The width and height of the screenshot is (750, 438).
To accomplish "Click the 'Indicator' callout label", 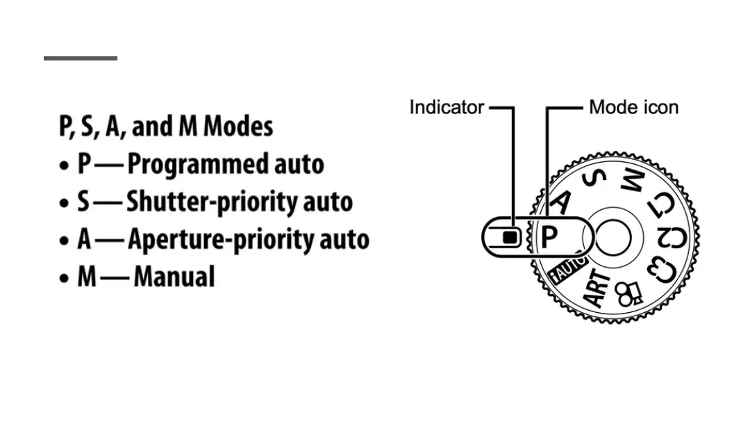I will click(x=446, y=108).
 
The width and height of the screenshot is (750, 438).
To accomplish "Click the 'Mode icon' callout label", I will click(x=633, y=108).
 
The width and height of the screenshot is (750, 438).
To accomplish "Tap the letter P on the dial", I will click(x=549, y=238).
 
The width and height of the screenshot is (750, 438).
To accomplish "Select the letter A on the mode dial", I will click(x=561, y=201).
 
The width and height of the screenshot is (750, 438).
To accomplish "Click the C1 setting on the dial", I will click(x=661, y=204).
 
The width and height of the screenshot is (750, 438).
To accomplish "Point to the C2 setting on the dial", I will click(x=672, y=238).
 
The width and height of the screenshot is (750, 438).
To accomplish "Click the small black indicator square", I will click(x=510, y=238).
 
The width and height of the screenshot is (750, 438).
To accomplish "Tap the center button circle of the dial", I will click(x=613, y=238).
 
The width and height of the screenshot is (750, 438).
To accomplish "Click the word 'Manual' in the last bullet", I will click(x=174, y=277).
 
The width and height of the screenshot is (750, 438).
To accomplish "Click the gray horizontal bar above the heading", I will click(x=81, y=58).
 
